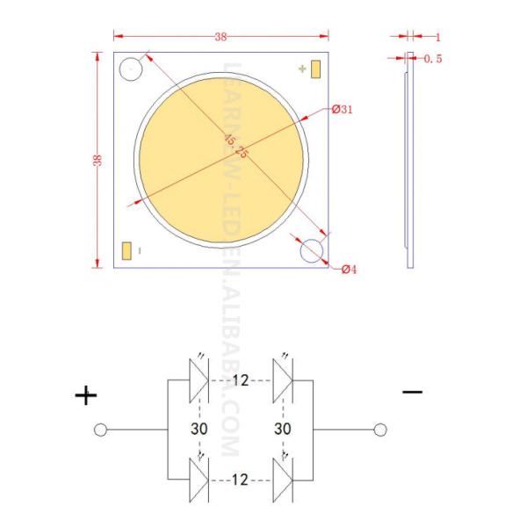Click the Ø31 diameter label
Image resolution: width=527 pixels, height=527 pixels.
tap(343, 110)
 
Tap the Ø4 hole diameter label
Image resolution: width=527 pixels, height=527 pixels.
tap(347, 269)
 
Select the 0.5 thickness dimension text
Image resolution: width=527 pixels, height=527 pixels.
tap(433, 59)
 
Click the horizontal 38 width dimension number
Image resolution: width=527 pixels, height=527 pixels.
tap(220, 37)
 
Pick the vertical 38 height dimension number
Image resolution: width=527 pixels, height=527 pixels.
tap(97, 160)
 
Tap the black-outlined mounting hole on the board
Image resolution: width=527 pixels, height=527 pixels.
tap(131, 70)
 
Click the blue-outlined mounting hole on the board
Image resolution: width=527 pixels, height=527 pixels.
tap(312, 251)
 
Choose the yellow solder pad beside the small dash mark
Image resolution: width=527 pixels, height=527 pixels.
tap(127, 250)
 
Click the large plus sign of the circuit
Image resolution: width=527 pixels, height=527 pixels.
tap(86, 396)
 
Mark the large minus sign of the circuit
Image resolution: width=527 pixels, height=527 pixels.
tap(412, 391)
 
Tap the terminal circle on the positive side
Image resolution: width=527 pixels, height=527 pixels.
tap(101, 430)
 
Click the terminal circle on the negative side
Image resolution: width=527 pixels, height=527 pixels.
tap(379, 430)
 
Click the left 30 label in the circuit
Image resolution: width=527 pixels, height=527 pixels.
tap(199, 430)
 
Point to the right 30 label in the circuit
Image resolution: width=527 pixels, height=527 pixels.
tap(283, 430)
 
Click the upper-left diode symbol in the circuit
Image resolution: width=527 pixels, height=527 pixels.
tap(199, 380)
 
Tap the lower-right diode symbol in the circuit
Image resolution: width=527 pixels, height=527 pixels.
tap(283, 480)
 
